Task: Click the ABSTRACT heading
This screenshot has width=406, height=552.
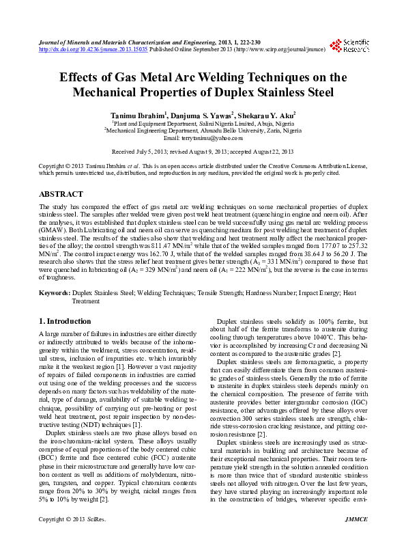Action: (61, 194)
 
